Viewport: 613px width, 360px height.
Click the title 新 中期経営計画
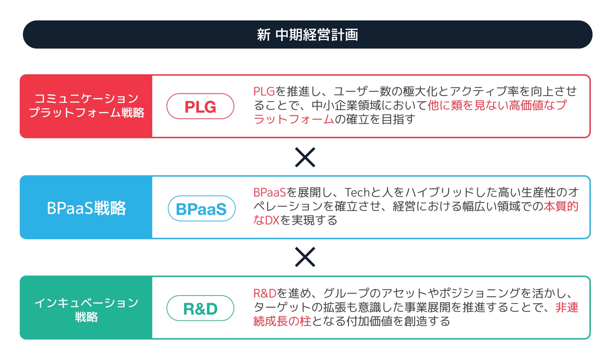pyautogui.click(x=307, y=35)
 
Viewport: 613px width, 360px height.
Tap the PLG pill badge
pyautogui.click(x=200, y=106)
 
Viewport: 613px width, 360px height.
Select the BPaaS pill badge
pyautogui.click(x=202, y=209)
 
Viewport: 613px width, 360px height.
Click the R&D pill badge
pyautogui.click(x=200, y=308)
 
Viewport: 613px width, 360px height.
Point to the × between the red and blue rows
pyautogui.click(x=305, y=157)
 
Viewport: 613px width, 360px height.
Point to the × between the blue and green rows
pyautogui.click(x=305, y=257)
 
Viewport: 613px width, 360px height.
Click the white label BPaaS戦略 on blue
pyautogui.click(x=86, y=208)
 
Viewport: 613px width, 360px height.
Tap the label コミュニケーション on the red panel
pyautogui.click(x=86, y=98)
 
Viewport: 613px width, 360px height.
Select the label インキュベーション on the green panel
pyautogui.click(x=86, y=303)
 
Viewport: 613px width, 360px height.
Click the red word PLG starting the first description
pyautogui.click(x=264, y=91)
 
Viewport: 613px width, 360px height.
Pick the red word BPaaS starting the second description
pyautogui.click(x=269, y=192)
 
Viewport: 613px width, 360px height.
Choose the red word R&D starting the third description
pyautogui.click(x=265, y=293)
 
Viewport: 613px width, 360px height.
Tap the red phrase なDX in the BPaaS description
pyautogui.click(x=266, y=220)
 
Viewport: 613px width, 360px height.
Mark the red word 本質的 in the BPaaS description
pyautogui.click(x=561, y=206)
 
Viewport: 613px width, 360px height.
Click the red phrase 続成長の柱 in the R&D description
pyautogui.click(x=282, y=321)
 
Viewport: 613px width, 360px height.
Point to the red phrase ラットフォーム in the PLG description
pyautogui.click(x=294, y=119)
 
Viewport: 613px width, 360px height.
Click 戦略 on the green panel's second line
pyautogui.click(x=86, y=317)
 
